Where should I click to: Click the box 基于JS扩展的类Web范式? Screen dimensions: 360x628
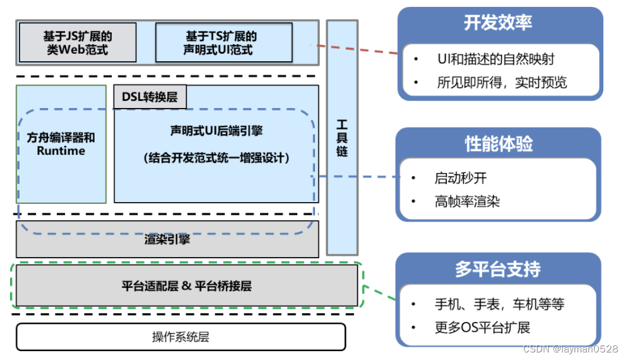pos(78,43)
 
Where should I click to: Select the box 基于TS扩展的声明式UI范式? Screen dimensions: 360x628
pos(224,43)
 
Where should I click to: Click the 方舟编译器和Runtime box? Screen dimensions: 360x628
pos(61,144)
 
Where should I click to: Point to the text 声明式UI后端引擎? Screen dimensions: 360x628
pos(216,131)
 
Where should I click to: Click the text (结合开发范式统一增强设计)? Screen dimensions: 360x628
pos(216,158)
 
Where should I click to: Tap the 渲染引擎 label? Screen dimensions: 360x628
pos(167,239)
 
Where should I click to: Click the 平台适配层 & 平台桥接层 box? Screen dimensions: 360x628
pos(187,286)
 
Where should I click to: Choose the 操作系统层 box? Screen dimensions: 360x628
pos(181,337)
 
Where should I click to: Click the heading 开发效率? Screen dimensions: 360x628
pos(498,23)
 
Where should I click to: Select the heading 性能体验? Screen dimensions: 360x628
pos(498,144)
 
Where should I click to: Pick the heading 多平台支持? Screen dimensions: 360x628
pos(498,269)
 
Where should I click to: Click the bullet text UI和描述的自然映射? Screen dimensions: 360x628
pos(495,59)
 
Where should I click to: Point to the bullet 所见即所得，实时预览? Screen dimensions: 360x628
pos(502,82)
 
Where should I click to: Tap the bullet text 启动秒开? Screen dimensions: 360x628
pos(460,179)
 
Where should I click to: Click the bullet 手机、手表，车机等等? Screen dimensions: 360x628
pos(499,304)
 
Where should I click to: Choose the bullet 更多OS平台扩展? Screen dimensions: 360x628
pos(482,327)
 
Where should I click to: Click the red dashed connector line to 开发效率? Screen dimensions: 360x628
pos(357,49)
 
